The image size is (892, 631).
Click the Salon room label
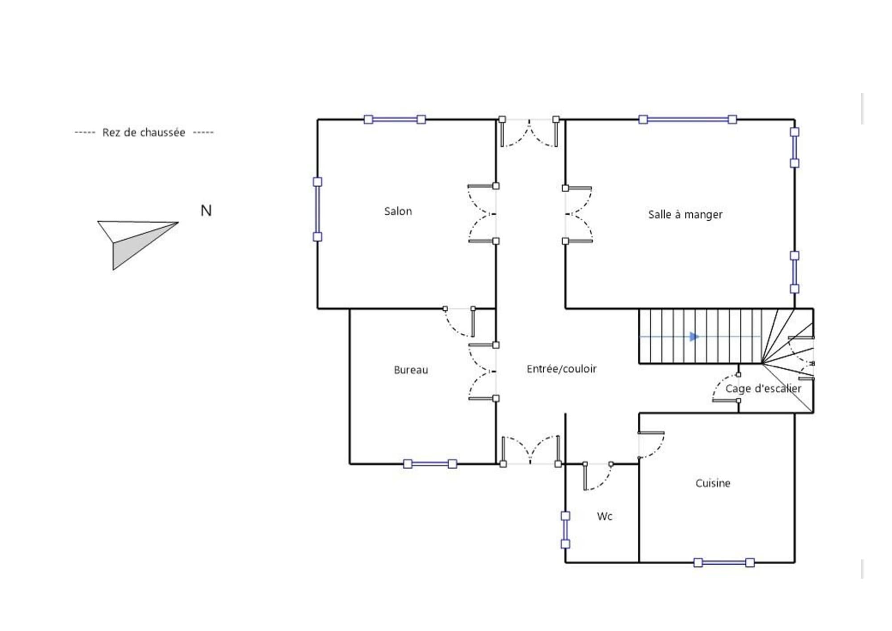point(398,211)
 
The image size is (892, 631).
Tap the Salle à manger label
point(685,215)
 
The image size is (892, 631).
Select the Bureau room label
point(411,370)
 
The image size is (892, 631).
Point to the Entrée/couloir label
point(562,369)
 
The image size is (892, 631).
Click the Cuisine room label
point(713,483)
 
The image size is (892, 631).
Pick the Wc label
point(604,516)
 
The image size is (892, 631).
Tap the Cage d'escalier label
point(763,389)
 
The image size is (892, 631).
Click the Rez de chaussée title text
point(144,133)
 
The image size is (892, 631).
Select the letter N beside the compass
point(206,211)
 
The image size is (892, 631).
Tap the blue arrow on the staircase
point(694,336)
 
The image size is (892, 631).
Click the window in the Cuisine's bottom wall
point(724,562)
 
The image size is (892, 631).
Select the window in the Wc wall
point(565,530)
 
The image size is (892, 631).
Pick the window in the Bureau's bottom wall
point(430,464)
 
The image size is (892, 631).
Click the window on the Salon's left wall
point(318,209)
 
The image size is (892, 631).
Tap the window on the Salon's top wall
point(395,120)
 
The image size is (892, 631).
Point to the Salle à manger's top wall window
point(687,120)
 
